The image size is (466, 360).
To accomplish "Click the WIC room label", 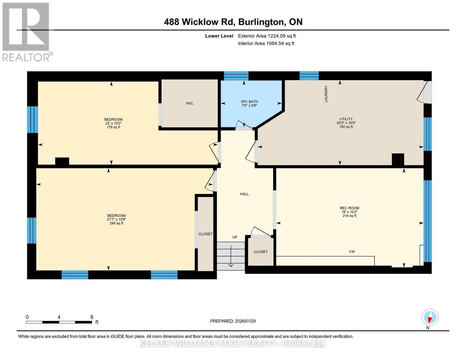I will coord(189,103).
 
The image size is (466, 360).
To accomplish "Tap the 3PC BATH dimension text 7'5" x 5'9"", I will coord(249,106).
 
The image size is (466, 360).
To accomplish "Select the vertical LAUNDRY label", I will coord(326,94).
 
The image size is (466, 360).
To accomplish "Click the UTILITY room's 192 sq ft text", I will coord(346,127).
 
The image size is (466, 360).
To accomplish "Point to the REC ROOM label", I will coord(349,208).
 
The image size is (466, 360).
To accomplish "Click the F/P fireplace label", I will coord(352,252).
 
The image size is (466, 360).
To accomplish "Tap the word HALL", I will coord(244,194).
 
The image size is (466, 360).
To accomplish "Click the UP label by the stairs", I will coord(235,237).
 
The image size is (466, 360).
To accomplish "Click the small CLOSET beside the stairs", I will coord(260,252).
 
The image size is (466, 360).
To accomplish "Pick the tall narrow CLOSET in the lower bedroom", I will coord(206,234).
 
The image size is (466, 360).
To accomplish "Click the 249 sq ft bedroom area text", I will coord(116,223).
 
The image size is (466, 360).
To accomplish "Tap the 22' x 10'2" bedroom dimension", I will coord(113,123).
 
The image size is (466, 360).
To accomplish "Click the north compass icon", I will coord(430,317).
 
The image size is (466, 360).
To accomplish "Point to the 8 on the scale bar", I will coord(92,317).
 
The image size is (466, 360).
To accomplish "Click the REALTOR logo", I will coord(26,31).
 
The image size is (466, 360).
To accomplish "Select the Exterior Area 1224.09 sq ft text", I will coord(267,36).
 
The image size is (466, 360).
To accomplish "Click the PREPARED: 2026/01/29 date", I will coord(233,321).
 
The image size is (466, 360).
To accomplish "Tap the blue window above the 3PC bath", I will coord(236,76).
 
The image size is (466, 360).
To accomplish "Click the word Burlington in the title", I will coord(261,22).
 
